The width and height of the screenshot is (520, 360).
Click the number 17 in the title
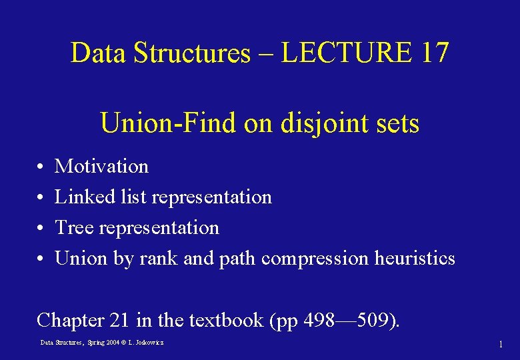pos(435,53)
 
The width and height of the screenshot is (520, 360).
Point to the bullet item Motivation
pos(101,166)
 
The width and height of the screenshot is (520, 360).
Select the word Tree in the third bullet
pos(73,227)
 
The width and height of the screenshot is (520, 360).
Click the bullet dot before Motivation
pos(41,167)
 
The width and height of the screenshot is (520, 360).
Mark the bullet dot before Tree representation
pos(41,228)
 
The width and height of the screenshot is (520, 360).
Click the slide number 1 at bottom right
pos(500,344)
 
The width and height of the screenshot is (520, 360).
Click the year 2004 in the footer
pos(114,343)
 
